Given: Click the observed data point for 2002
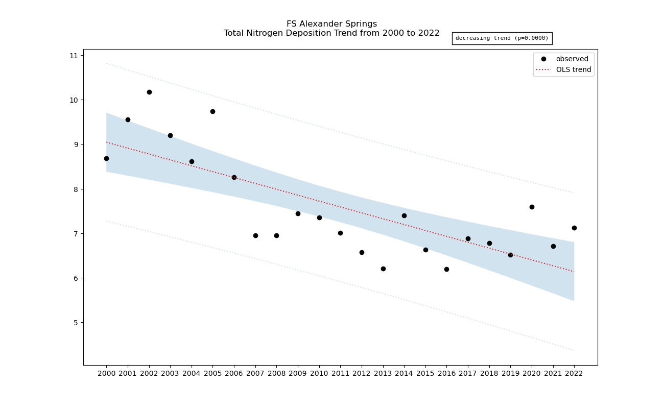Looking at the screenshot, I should [x=149, y=92].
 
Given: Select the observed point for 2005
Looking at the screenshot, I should [x=212, y=111].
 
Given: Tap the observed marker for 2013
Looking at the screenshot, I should [x=383, y=269].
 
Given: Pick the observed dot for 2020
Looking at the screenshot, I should [x=532, y=207].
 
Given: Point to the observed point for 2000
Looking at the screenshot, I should [x=106, y=158].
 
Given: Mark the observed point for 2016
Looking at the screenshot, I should [x=446, y=269].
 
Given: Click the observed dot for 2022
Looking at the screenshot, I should [x=574, y=228].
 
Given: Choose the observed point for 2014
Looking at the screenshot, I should [x=404, y=215].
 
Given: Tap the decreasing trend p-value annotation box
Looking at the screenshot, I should [x=502, y=38].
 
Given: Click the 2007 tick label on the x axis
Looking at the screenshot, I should [x=255, y=374].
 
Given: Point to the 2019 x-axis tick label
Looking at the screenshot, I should [x=510, y=374].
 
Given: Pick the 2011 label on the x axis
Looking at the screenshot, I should [x=340, y=374].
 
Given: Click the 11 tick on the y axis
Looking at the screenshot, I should [x=74, y=56].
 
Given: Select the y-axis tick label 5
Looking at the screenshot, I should [x=76, y=323].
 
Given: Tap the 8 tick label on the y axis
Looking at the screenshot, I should [x=76, y=189].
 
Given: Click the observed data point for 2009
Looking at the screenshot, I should [x=298, y=213].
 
